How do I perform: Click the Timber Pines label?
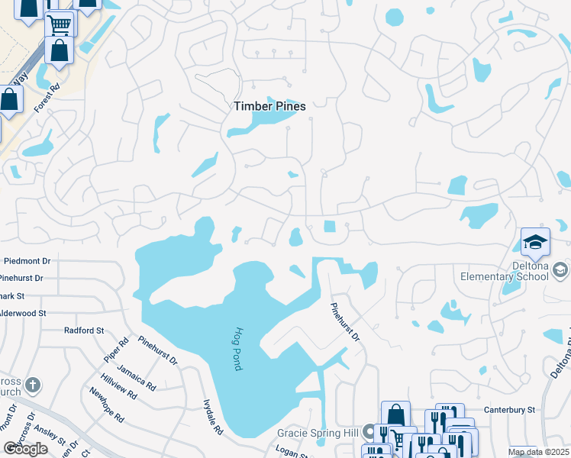(x=269, y=107)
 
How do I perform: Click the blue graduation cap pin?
(x=535, y=243)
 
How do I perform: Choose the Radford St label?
(x=84, y=331)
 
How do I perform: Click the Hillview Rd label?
(x=118, y=386)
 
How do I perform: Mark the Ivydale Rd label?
(x=212, y=417)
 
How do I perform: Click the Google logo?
(x=25, y=449)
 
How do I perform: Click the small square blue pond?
(x=330, y=226)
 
